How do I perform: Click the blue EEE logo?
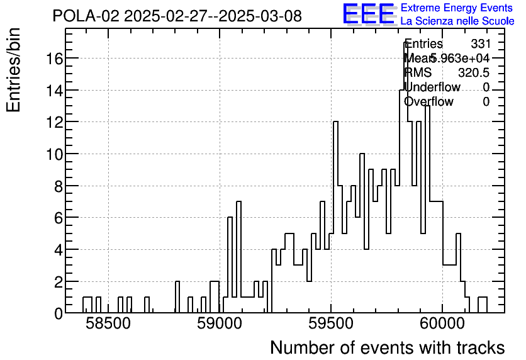[x=368, y=14]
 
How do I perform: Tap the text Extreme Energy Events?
[x=456, y=8]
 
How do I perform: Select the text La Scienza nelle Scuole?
[x=457, y=21]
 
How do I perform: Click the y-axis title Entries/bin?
[x=14, y=70]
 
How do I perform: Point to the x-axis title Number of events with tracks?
[x=387, y=347]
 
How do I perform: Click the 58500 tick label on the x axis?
[x=107, y=324]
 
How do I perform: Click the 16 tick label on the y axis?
[x=52, y=58]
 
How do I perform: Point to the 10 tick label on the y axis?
[x=52, y=154]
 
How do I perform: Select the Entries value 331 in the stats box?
[x=480, y=44]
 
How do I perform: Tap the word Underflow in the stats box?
[x=432, y=87]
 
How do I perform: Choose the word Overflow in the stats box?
[x=428, y=101]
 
